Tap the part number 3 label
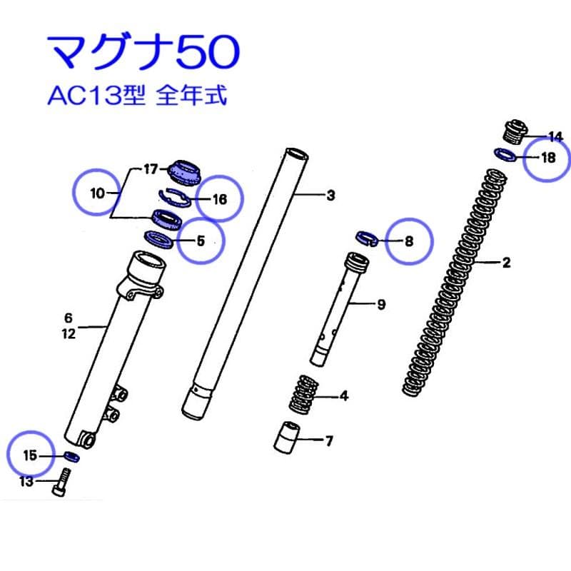click(330, 196)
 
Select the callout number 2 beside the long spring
click(506, 263)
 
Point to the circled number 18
click(547, 158)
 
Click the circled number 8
click(409, 241)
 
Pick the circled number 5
click(201, 241)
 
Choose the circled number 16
click(219, 199)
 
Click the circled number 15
click(29, 455)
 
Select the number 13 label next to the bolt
click(26, 482)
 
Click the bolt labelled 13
click(60, 482)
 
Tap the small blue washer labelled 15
click(72, 455)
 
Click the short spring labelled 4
click(303, 395)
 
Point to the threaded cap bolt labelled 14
click(512, 132)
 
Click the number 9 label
click(380, 305)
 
